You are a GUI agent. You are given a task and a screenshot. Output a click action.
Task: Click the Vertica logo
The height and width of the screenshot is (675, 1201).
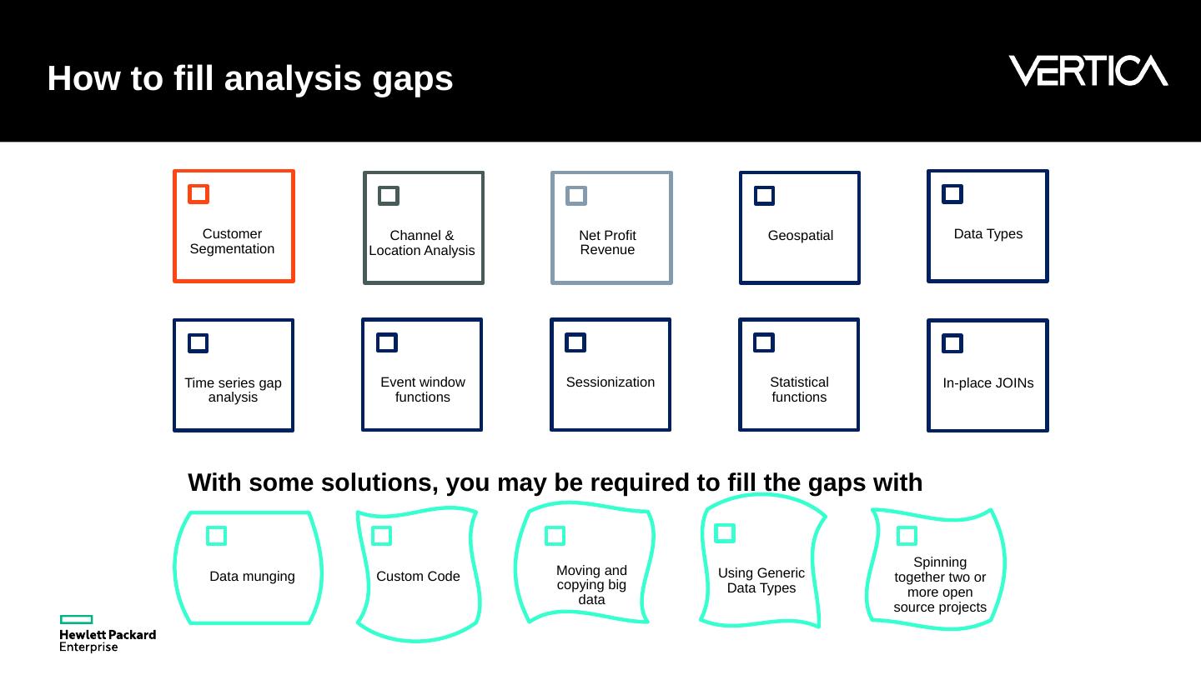[1088, 71]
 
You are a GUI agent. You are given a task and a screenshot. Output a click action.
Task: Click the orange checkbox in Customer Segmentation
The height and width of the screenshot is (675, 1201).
[198, 194]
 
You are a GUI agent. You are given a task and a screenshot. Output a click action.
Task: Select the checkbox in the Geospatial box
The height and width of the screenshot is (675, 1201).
[764, 196]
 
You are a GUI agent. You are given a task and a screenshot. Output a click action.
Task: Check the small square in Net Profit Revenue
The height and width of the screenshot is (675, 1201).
[576, 196]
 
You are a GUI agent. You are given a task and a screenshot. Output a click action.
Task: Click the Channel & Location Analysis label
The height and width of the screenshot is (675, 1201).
[422, 242]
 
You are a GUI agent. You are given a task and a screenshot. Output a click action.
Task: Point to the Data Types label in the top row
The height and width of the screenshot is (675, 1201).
[987, 234]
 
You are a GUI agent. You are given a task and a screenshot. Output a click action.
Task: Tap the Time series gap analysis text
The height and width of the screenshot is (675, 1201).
[234, 390]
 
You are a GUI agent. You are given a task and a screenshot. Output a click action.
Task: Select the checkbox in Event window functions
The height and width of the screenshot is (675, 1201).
[387, 342]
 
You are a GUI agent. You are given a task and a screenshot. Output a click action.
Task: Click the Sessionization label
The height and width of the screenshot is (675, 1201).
[611, 382]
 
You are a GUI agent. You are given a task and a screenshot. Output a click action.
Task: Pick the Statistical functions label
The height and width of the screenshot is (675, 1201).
[799, 390]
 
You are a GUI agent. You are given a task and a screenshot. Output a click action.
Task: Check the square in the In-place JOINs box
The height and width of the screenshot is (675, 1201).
[952, 343]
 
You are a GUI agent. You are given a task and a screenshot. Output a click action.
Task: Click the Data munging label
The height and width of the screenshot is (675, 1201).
[252, 577]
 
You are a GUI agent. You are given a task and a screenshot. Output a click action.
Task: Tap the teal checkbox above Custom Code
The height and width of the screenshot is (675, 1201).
[381, 536]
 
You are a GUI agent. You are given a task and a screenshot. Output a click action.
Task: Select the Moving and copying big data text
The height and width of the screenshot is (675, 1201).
[591, 585]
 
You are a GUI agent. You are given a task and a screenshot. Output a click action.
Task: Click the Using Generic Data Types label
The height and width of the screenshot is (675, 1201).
[761, 581]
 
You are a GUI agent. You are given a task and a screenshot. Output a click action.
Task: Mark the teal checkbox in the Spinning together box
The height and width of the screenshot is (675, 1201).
[907, 536]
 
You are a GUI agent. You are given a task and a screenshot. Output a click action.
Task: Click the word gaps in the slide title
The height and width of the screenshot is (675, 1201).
[412, 79]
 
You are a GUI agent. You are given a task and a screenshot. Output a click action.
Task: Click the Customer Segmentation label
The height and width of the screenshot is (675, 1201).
[232, 242]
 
